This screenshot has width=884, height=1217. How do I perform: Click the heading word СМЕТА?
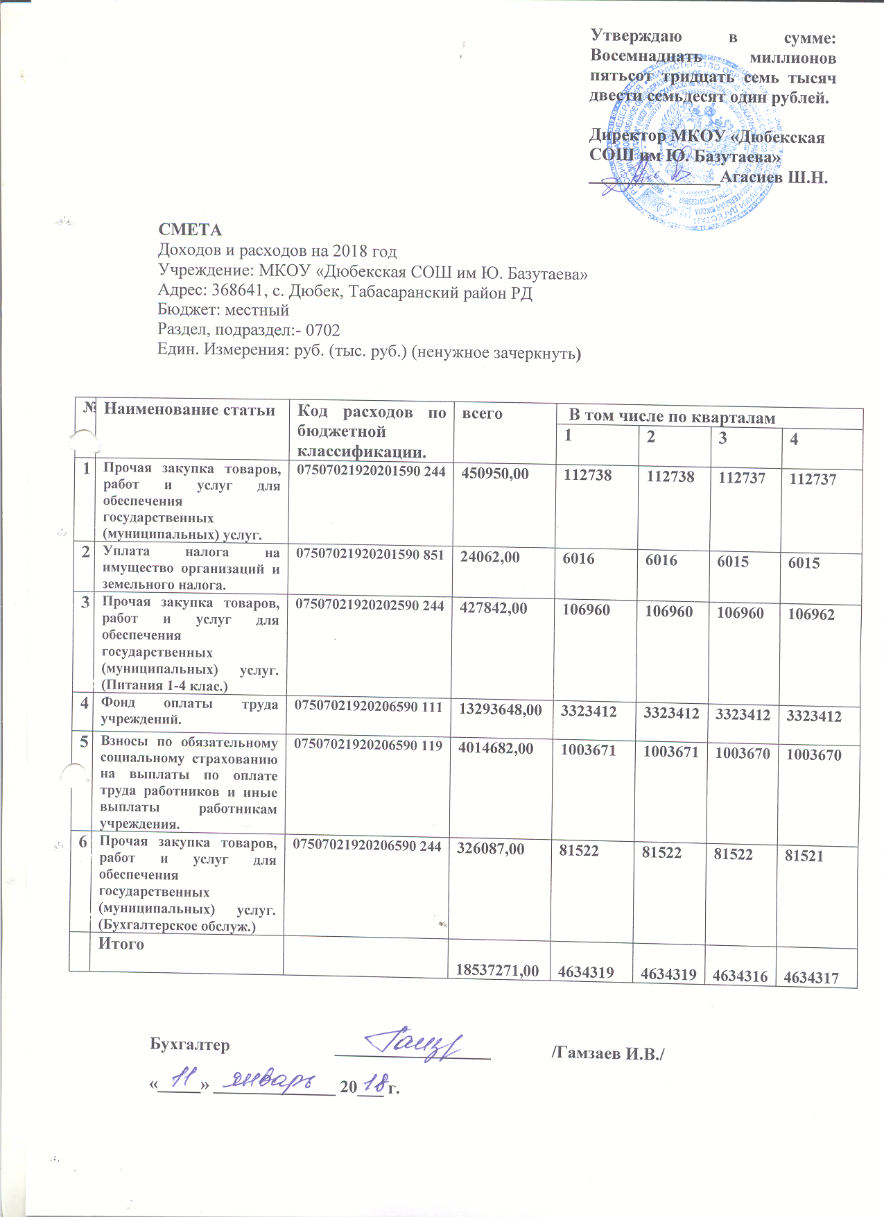click(x=190, y=230)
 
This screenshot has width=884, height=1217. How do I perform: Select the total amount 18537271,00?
click(x=497, y=970)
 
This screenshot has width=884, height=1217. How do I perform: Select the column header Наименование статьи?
click(x=189, y=410)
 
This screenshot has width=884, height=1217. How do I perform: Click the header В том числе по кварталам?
click(x=672, y=417)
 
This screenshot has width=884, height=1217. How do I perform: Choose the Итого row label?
click(x=121, y=944)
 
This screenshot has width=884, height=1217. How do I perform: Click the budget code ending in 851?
click(x=370, y=553)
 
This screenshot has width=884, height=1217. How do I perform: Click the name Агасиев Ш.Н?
click(x=774, y=177)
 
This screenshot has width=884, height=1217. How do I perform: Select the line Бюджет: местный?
click(x=223, y=310)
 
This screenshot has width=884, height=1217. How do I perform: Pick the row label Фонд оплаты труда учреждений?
click(x=189, y=711)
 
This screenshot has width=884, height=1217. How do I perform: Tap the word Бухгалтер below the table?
click(x=190, y=1044)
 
